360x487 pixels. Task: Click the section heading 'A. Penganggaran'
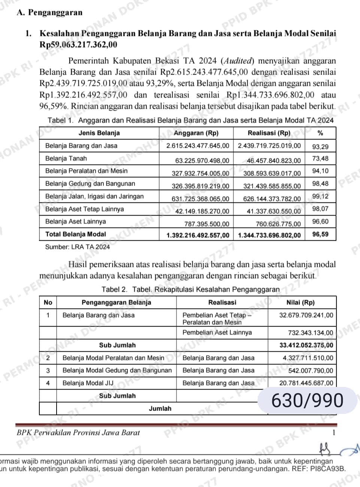pyautogui.click(x=49, y=13)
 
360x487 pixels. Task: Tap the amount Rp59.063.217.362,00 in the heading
pyautogui.click(x=78, y=45)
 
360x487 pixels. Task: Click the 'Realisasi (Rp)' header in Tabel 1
pyautogui.click(x=269, y=133)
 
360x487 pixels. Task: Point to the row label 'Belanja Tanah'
pyautogui.click(x=66, y=159)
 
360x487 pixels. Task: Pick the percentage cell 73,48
pyautogui.click(x=320, y=159)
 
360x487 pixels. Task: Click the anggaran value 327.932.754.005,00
pyautogui.click(x=200, y=174)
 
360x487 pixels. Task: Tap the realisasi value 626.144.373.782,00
pyautogui.click(x=272, y=199)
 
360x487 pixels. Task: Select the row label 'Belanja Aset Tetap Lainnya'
pyautogui.click(x=84, y=209)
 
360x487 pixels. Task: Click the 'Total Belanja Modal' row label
pyautogui.click(x=76, y=234)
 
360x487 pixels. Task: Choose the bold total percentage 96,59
pyautogui.click(x=320, y=234)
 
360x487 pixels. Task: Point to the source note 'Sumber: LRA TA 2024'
pyautogui.click(x=78, y=247)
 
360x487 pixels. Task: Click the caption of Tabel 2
pyautogui.click(x=190, y=290)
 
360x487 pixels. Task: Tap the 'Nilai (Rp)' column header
pyautogui.click(x=300, y=303)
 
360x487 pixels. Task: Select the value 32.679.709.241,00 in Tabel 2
pyautogui.click(x=306, y=315)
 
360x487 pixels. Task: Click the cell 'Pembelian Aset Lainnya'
pyautogui.click(x=217, y=333)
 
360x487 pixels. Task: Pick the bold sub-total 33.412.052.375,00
pyautogui.click(x=306, y=345)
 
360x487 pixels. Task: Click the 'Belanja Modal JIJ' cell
pyautogui.click(x=88, y=383)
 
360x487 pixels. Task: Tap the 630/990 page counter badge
pyautogui.click(x=307, y=401)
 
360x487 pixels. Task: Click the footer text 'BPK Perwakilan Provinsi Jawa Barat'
pyautogui.click(x=78, y=433)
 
